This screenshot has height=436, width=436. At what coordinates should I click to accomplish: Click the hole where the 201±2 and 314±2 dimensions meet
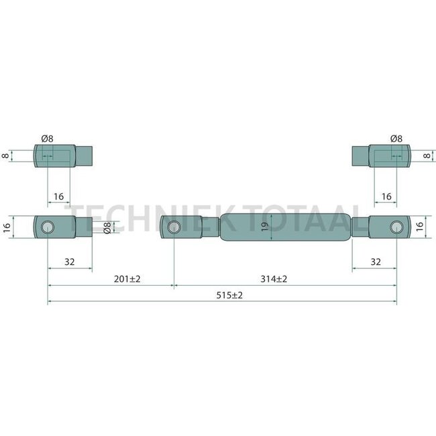[174, 227]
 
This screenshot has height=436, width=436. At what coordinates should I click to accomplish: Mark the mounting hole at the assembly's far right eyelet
[396, 227]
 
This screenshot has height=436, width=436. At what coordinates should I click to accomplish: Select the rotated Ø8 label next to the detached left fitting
[107, 227]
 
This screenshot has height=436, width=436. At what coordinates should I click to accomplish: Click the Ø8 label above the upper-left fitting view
[47, 139]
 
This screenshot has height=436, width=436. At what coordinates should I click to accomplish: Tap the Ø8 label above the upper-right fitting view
[396, 139]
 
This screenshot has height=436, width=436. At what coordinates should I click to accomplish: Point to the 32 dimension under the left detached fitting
[70, 262]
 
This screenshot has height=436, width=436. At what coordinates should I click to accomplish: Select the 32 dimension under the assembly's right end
[375, 262]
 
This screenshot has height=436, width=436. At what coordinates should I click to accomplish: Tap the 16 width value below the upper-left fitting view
[58, 197]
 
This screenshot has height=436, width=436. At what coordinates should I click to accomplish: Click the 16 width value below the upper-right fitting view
[386, 197]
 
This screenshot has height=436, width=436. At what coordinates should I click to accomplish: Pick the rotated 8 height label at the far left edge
[6, 156]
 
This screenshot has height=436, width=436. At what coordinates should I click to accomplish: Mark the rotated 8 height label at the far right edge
[427, 156]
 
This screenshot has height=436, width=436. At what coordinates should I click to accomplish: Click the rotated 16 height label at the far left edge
[7, 227]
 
